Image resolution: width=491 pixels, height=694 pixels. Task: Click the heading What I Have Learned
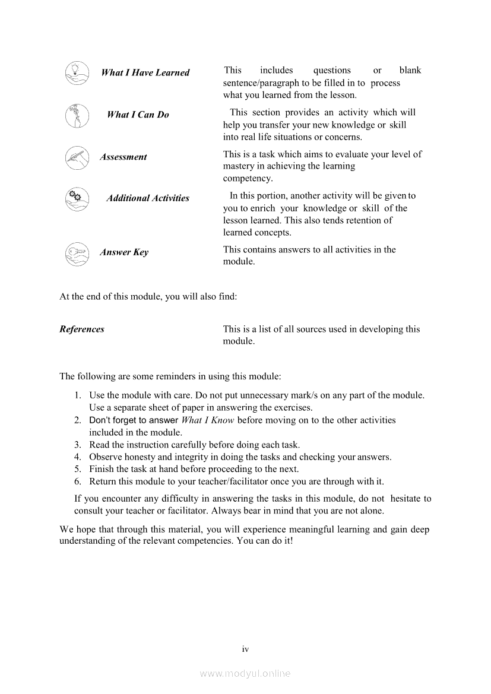pos(145,73)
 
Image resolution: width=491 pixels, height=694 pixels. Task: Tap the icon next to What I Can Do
pos(77,115)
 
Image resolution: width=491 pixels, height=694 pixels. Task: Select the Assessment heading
pos(123,157)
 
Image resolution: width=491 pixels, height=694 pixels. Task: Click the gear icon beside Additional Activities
pos(77,198)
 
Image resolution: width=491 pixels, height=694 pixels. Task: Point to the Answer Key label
pos(124,252)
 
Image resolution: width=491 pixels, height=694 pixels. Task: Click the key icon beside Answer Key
pos(77,252)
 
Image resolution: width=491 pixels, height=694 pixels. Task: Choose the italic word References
pos(82,329)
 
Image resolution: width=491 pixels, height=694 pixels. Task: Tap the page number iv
pos(245,649)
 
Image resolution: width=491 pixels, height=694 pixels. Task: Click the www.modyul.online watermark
pos(245,674)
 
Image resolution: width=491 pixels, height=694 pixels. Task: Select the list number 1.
pos(77,395)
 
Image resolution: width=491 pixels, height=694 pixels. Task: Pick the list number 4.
pos(77,457)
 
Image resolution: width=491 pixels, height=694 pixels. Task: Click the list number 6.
pos(77,481)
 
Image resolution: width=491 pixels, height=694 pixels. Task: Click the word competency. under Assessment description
pos(248,179)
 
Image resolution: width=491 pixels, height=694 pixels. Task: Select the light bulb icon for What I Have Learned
pos(77,73)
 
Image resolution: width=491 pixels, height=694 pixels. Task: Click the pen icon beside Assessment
pos(77,157)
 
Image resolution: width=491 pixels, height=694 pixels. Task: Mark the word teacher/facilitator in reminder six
pos(226,481)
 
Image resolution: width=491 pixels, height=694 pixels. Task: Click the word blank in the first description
pos(410,71)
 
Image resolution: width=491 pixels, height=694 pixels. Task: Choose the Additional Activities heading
pos(148,198)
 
